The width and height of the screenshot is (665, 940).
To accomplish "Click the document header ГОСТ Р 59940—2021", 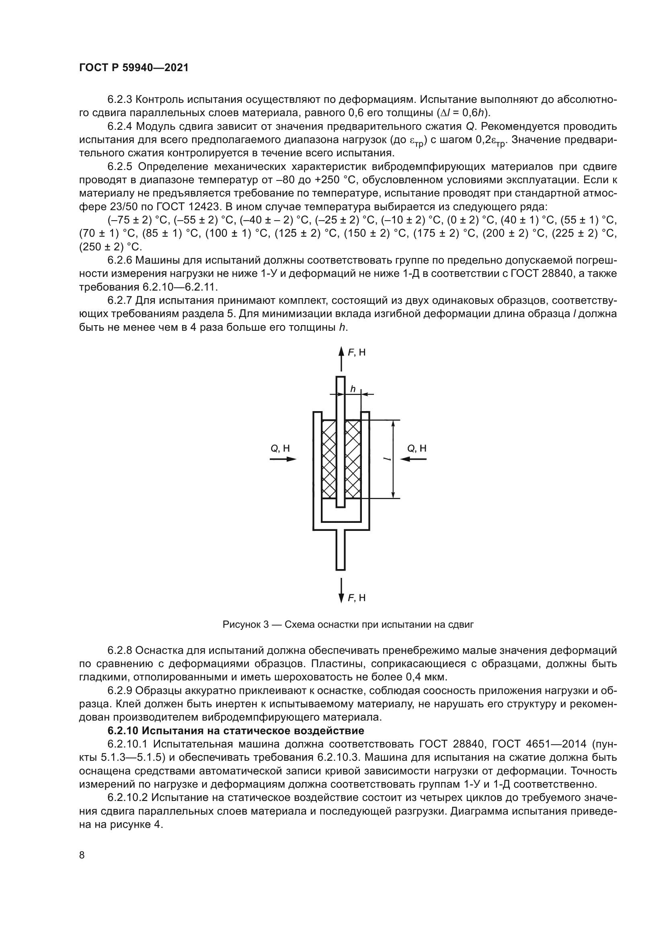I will [133, 68].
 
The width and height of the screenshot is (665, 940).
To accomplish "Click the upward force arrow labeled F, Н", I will [341, 358].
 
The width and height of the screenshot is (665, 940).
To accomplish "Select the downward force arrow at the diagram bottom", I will [341, 590].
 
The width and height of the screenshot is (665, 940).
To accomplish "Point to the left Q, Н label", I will [280, 448].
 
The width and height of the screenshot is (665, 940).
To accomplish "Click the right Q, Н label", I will [417, 448].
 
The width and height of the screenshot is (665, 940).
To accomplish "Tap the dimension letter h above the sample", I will [353, 389].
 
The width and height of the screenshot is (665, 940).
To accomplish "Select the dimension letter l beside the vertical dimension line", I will [386, 459].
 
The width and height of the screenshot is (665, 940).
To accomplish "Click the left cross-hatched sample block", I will [329, 459].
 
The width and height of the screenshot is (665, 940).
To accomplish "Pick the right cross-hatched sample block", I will [353, 459].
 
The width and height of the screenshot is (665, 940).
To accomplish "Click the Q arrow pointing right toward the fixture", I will [283, 459].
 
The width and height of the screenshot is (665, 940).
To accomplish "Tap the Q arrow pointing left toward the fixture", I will [413, 459].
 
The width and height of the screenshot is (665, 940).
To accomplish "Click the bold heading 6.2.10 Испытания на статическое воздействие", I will [236, 730].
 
